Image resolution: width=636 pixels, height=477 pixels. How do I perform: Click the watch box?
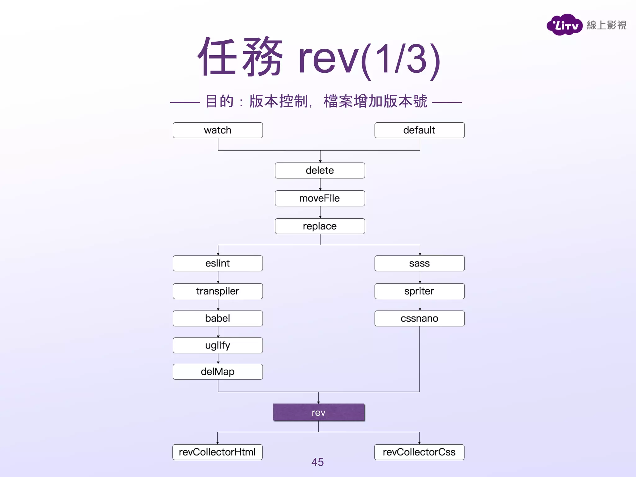click(x=218, y=130)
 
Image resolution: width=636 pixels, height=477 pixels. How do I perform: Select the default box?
click(x=419, y=130)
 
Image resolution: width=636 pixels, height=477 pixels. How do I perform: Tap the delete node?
click(x=320, y=170)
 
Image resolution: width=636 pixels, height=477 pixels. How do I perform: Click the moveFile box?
click(x=320, y=198)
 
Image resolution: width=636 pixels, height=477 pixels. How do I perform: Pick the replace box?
click(x=320, y=226)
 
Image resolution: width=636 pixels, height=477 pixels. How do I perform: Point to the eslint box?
click(x=218, y=263)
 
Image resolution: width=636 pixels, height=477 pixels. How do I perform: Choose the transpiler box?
click(x=218, y=291)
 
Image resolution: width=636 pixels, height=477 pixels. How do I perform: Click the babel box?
click(x=218, y=318)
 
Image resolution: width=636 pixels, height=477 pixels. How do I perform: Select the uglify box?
click(x=218, y=345)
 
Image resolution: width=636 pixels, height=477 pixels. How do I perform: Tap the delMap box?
click(x=218, y=372)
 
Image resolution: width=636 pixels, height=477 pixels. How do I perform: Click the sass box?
click(x=419, y=263)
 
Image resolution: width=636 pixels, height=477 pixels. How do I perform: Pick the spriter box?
click(x=419, y=291)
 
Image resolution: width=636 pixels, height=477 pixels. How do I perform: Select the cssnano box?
click(x=419, y=318)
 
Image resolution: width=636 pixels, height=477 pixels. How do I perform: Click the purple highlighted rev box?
click(x=319, y=412)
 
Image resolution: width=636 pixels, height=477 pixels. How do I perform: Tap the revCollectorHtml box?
click(x=217, y=452)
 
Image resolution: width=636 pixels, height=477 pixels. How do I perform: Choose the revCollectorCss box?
click(x=419, y=452)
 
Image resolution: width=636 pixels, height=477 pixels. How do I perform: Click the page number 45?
click(x=317, y=462)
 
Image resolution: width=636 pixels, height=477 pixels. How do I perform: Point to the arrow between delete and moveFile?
click(x=320, y=185)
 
